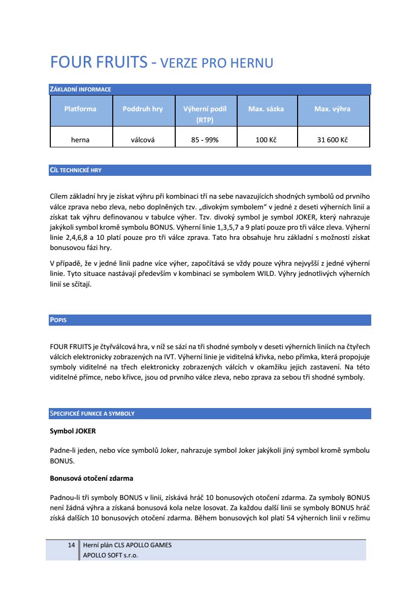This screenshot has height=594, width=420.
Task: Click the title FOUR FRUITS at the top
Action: point(99,62)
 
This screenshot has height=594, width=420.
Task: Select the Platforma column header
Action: point(80,109)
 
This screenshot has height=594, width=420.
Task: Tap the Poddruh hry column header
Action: point(143,109)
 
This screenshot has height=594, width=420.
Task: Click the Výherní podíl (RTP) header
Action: point(205,114)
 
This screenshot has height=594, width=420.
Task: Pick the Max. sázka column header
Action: point(266,109)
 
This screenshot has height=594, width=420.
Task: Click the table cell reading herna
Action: point(80,140)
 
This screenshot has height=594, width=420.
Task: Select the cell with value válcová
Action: point(143,140)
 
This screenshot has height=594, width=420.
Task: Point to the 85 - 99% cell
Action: point(205,140)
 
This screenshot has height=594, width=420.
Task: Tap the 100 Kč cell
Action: point(266,140)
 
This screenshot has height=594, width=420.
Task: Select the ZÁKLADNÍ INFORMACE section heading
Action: point(80,90)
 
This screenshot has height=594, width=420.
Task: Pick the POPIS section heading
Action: point(58,320)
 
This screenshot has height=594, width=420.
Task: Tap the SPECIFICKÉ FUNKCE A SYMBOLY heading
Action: point(92,414)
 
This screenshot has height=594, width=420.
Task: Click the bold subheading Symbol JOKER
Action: point(73,431)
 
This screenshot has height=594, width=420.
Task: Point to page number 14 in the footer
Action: point(72,545)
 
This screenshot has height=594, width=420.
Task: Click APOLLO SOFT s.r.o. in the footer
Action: point(110,555)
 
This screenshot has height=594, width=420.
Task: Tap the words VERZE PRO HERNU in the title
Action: point(217,64)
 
